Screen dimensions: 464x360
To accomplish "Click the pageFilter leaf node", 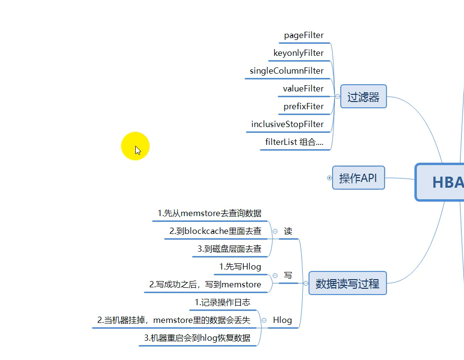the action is (303, 35).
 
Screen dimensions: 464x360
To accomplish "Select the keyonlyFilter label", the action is (298, 53).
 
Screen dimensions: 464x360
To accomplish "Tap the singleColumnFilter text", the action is (286, 71).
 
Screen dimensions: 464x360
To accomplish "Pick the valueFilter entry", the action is (303, 89).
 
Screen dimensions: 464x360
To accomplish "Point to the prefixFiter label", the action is (303, 106).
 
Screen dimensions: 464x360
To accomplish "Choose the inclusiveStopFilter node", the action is (287, 124).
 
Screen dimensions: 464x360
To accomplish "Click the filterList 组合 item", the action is (294, 142).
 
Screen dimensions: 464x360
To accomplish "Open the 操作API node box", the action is (358, 178).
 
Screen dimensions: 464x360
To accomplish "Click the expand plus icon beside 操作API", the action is (329, 178).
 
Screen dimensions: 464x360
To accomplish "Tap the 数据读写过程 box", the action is (347, 283).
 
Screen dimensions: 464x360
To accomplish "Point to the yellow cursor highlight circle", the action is (135, 146).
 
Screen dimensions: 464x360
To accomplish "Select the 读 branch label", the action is (288, 231).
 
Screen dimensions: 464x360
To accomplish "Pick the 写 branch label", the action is (288, 275).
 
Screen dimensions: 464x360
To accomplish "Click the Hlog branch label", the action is (282, 320).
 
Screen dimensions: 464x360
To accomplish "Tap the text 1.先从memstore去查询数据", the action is (209, 213).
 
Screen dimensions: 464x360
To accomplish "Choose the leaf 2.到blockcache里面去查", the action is (215, 231).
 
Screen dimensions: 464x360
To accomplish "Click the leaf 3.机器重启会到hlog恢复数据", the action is (197, 338).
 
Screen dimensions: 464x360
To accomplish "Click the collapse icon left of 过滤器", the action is (337, 96).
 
